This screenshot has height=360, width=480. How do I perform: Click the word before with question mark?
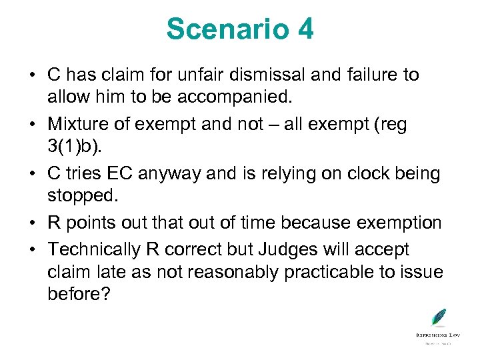(x=79, y=294)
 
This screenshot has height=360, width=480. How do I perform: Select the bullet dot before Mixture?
(x=31, y=125)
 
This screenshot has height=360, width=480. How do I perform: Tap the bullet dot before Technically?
(x=31, y=250)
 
